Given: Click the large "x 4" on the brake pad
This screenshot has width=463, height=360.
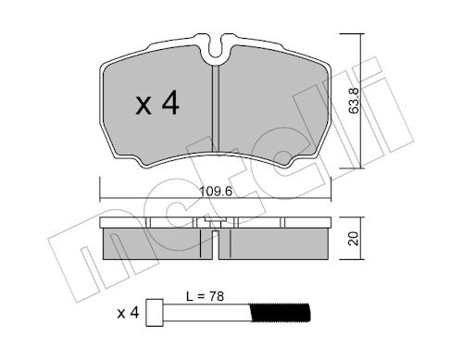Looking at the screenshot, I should (156, 104).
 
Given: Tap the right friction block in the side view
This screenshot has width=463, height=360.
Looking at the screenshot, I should (278, 244).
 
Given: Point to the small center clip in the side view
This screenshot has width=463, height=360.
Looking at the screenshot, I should (215, 225).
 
